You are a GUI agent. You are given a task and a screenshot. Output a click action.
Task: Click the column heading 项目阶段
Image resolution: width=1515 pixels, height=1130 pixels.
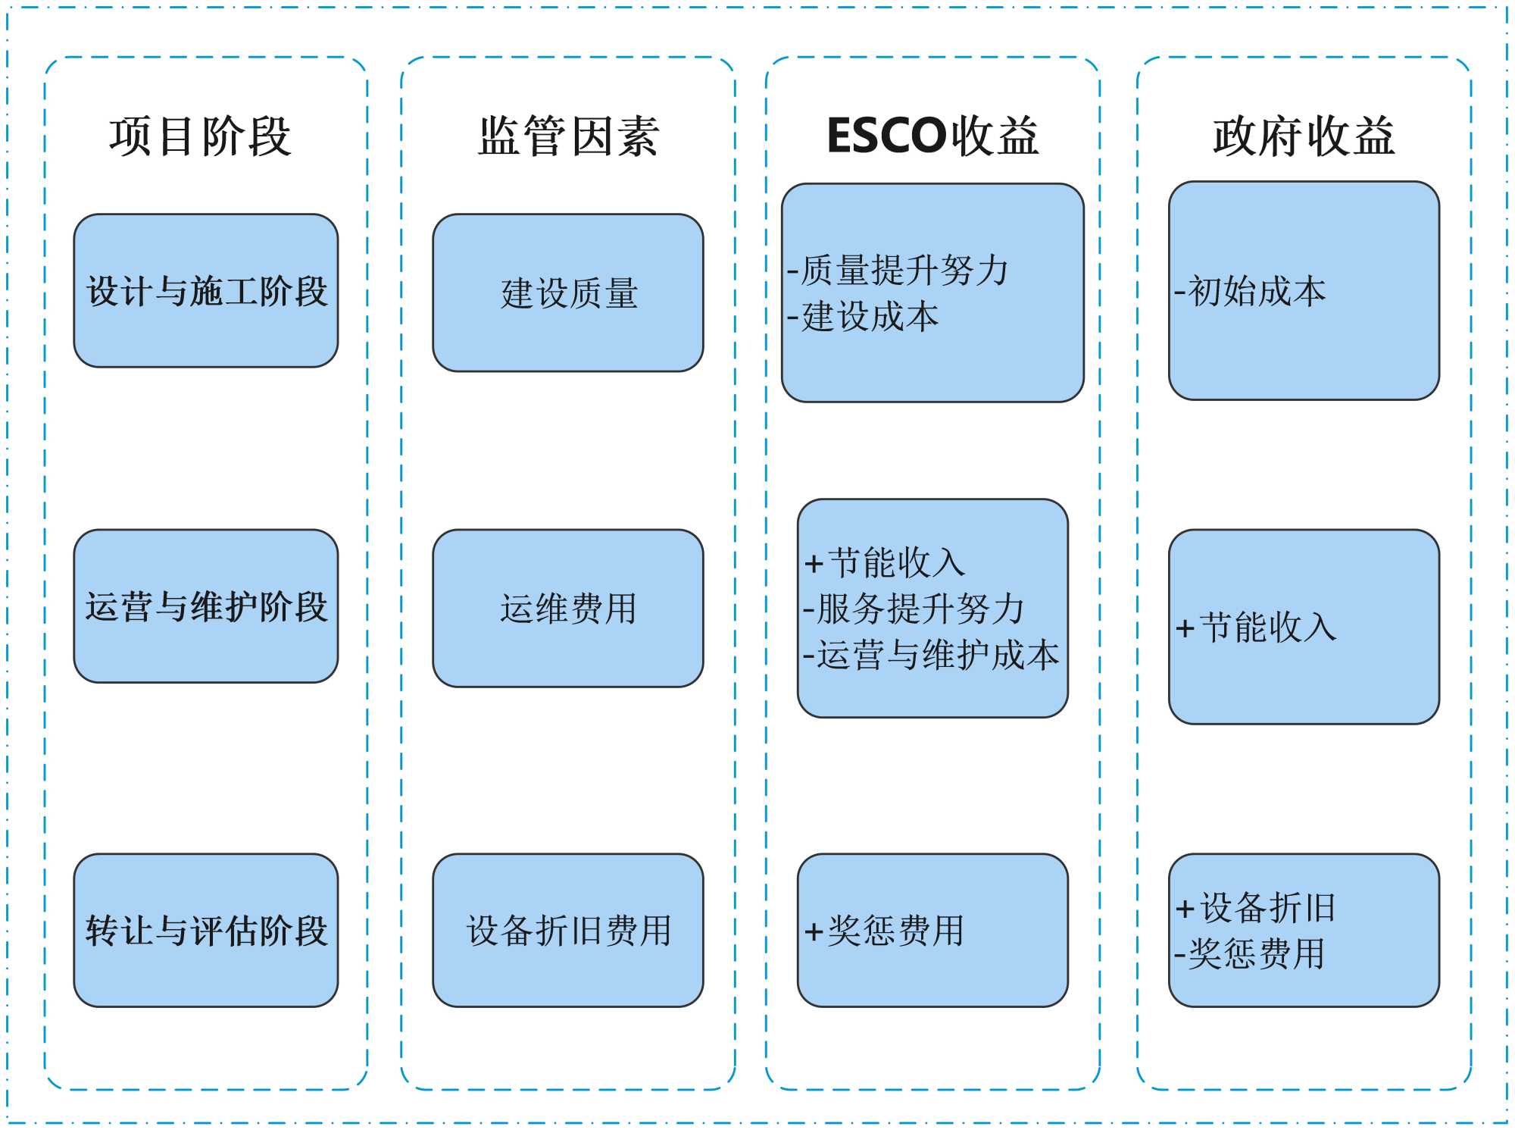pyautogui.click(x=200, y=136)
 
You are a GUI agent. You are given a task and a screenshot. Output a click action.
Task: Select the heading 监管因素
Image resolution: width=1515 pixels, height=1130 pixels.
pyautogui.click(x=568, y=136)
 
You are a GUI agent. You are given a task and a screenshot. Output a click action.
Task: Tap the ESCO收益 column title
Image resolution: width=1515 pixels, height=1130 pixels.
pyautogui.click(x=932, y=136)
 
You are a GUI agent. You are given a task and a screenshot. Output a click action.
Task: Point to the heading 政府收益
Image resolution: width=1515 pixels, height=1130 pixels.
pyautogui.click(x=1304, y=136)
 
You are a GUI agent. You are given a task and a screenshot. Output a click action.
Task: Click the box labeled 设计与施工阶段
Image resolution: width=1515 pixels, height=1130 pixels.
pyautogui.click(x=206, y=291)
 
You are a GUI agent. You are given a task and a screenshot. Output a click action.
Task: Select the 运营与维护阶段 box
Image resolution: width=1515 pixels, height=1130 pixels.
pyautogui.click(x=206, y=606)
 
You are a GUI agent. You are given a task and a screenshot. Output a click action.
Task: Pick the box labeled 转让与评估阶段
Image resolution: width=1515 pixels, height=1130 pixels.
pyautogui.click(x=206, y=931)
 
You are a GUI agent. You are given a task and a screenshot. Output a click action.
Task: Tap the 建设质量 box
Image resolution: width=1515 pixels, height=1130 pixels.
pyautogui.click(x=568, y=293)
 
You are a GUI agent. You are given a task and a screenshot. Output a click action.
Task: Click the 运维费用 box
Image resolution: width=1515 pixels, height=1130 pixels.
pyautogui.click(x=568, y=609)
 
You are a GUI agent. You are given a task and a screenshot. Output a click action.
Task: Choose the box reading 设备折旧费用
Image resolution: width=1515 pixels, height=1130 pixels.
pyautogui.click(x=568, y=931)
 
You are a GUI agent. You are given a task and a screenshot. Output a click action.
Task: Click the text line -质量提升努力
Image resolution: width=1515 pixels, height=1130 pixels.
pyautogui.click(x=898, y=270)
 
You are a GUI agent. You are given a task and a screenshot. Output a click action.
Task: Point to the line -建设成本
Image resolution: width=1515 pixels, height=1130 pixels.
pyautogui.click(x=864, y=316)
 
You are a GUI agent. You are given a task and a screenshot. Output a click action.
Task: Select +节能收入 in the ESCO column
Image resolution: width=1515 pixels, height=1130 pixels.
pyautogui.click(x=885, y=563)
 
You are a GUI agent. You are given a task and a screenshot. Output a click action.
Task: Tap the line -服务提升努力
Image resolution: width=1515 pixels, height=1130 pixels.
pyautogui.click(x=914, y=609)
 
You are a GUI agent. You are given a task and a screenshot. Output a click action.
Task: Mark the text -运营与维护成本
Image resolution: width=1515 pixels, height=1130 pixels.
pyautogui.click(x=931, y=655)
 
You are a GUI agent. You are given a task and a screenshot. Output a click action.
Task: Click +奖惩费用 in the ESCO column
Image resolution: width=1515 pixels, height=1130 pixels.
pyautogui.click(x=885, y=931)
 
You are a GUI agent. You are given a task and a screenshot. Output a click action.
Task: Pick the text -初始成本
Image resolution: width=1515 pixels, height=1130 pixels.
pyautogui.click(x=1251, y=291)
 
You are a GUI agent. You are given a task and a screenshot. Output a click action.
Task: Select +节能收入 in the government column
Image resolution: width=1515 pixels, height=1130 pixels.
pyautogui.click(x=1257, y=628)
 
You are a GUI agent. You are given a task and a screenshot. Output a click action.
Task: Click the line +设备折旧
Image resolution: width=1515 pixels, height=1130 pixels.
pyautogui.click(x=1256, y=907)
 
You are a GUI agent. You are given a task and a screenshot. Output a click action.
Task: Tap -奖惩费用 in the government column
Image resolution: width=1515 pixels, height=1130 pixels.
pyautogui.click(x=1250, y=953)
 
